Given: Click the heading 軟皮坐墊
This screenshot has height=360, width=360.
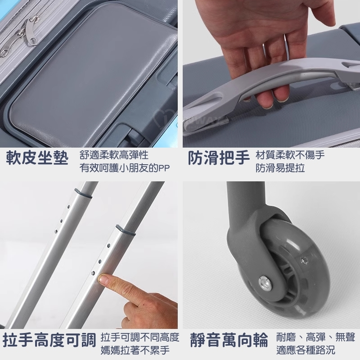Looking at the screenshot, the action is tap(37, 158).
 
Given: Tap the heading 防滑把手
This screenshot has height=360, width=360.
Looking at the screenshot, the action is tap(219, 158).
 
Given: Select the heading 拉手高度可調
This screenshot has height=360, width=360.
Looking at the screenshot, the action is tap(49, 340).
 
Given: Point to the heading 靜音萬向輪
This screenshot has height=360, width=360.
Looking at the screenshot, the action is tap(229, 340).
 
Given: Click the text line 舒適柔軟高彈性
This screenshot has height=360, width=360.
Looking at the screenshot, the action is tap(114, 155).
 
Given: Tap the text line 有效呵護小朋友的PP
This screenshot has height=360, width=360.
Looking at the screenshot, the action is tap(125, 168).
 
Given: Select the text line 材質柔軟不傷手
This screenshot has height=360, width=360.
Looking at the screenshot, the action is tap(290, 155).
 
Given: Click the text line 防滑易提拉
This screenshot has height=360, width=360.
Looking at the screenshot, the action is tap(280, 168).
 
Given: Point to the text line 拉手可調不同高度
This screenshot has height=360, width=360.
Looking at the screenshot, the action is tap(140, 337).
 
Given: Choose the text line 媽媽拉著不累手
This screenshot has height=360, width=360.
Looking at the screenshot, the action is tap(135, 350).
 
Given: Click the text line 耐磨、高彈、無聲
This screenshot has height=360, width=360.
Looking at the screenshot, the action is tap(316, 337).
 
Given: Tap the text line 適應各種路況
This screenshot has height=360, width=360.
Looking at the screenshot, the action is tap(306, 350).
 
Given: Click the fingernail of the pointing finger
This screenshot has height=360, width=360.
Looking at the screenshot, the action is tap(103, 279).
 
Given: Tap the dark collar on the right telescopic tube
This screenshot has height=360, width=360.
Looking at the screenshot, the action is tap(126, 230).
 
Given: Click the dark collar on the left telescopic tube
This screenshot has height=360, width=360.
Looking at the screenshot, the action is tap(84, 193).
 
